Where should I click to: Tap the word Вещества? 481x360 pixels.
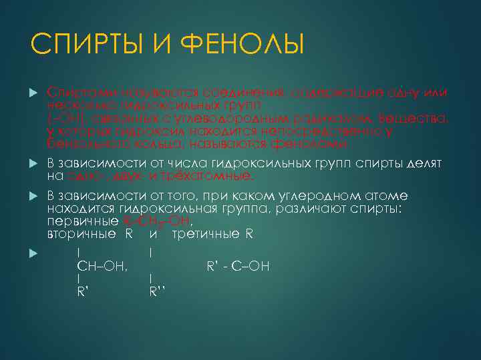427,118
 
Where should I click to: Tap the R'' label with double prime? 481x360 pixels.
158,291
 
